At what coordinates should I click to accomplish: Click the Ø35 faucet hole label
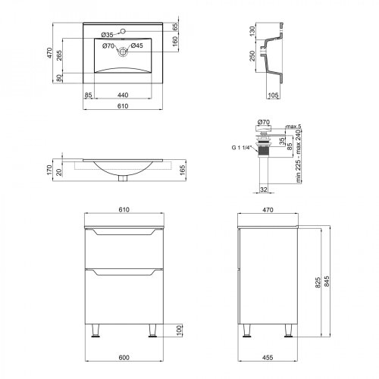(x=107, y=35)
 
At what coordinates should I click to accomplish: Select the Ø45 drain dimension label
(x=136, y=45)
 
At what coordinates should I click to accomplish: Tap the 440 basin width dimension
(x=123, y=95)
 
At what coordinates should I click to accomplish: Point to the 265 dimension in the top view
(x=59, y=55)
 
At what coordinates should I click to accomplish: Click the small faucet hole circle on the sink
(x=123, y=31)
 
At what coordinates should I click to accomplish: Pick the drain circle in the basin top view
(x=123, y=52)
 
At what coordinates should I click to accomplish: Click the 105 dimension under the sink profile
(x=273, y=96)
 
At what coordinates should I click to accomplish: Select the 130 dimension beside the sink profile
(x=252, y=31)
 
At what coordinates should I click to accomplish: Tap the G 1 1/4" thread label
(x=240, y=148)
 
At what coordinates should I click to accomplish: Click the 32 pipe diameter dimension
(x=264, y=189)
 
